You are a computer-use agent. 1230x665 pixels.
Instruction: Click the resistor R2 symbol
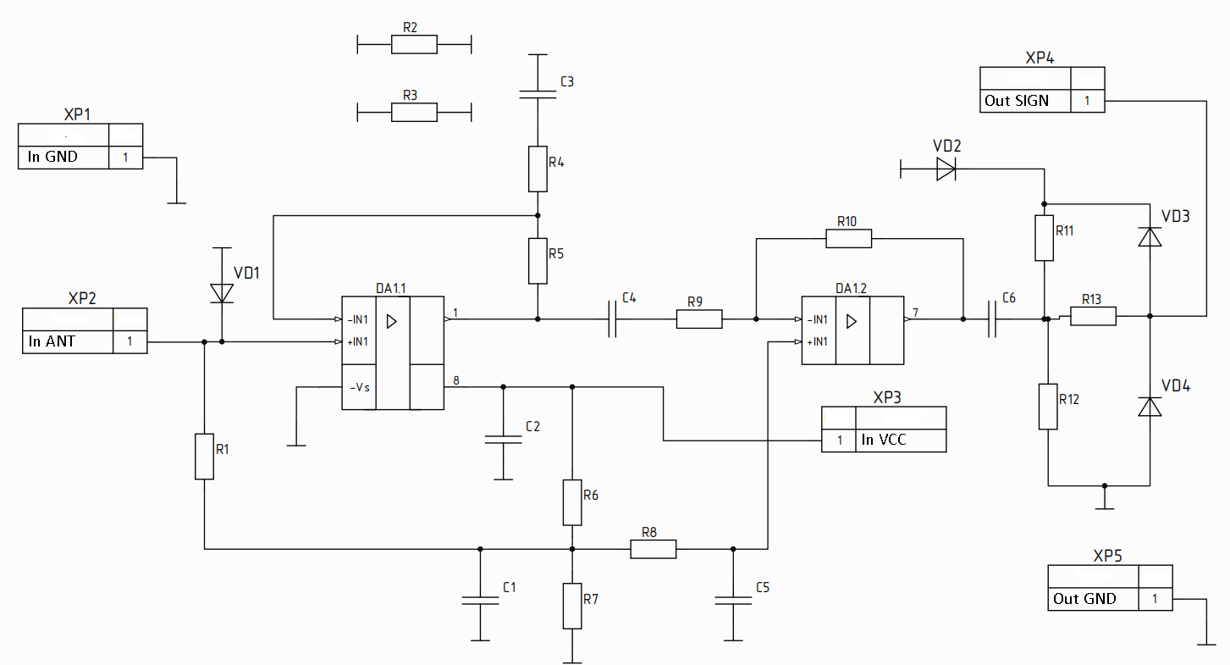tap(414, 45)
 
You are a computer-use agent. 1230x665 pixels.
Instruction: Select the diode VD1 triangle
tap(222, 293)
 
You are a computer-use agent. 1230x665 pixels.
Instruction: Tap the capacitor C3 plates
tap(538, 95)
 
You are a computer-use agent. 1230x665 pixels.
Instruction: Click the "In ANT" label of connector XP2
tap(52, 341)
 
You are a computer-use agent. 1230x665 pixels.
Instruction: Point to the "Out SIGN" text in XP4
tap(1017, 101)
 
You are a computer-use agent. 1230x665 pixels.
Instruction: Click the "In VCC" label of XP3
tap(884, 440)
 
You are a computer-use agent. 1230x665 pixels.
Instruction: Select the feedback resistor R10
tap(848, 239)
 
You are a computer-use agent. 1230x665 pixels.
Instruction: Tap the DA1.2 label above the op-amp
tap(851, 288)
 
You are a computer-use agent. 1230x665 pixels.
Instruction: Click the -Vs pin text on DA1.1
tap(360, 387)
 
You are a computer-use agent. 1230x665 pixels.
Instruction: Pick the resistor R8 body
tap(653, 549)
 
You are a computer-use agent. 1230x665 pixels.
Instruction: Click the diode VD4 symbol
tap(1150, 407)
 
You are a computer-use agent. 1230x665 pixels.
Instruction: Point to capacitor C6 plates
tap(991, 319)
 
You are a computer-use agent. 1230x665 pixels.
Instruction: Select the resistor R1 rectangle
tap(204, 456)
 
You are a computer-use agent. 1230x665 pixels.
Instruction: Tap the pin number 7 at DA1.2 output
tap(915, 312)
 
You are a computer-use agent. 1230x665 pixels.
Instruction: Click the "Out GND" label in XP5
tap(1084, 598)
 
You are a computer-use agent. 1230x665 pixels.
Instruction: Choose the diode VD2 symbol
tap(946, 169)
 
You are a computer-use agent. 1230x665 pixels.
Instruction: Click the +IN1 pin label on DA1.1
tap(357, 342)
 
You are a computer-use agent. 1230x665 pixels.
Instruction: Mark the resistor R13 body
tap(1093, 316)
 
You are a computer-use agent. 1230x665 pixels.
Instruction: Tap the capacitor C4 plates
tap(612, 319)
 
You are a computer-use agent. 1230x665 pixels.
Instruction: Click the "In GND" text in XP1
tap(52, 157)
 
